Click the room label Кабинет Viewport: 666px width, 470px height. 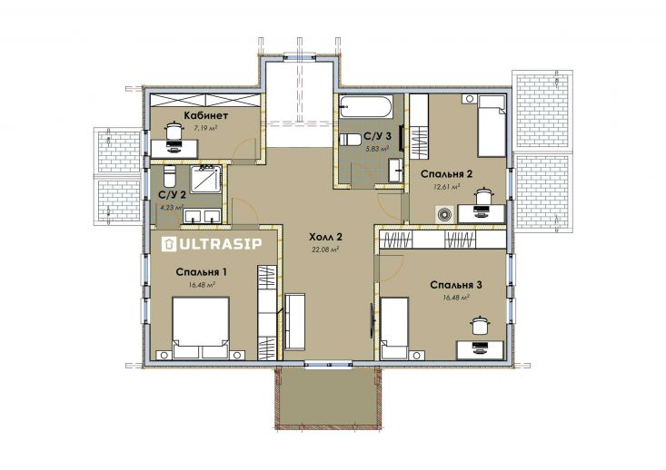click(x=206, y=115)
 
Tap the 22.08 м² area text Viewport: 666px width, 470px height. click(x=325, y=250)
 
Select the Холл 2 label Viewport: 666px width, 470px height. click(x=326, y=237)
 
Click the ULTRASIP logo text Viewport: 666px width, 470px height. click(x=212, y=244)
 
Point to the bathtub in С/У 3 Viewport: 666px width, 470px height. click(x=366, y=106)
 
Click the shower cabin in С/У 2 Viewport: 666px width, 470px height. click(x=205, y=179)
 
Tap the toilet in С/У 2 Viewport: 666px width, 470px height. click(x=170, y=176)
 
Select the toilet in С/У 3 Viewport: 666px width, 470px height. click(x=350, y=140)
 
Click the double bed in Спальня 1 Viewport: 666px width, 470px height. click(x=201, y=328)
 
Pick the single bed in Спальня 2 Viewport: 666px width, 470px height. click(x=492, y=126)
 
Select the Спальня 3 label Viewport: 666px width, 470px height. click(x=456, y=285)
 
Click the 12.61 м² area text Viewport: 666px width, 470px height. click(x=447, y=186)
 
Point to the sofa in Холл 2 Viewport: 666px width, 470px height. click(x=294, y=321)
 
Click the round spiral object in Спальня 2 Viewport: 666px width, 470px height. click(x=444, y=214)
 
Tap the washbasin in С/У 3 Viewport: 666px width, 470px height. click(x=396, y=171)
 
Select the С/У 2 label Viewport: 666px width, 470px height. click(x=172, y=195)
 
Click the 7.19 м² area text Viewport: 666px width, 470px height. click(x=205, y=128)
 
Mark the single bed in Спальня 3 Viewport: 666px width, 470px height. click(x=394, y=328)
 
